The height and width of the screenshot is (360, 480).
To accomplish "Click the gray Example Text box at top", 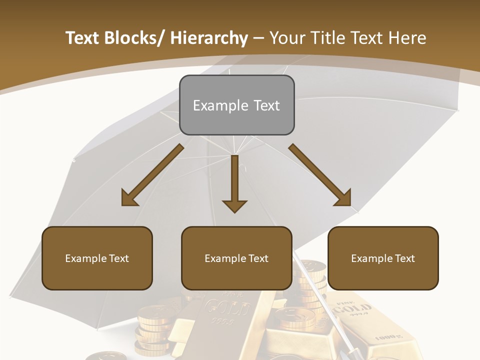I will (236, 105).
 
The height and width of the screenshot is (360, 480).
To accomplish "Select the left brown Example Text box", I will (97, 258).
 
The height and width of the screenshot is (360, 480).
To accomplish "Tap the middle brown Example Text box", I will (236, 258).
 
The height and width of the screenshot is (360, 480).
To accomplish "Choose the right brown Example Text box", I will (383, 258).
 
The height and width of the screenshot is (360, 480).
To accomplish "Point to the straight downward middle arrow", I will (234, 185).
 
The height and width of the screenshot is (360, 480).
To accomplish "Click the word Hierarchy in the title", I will (209, 38).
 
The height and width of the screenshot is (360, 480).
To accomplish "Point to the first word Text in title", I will (82, 38).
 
